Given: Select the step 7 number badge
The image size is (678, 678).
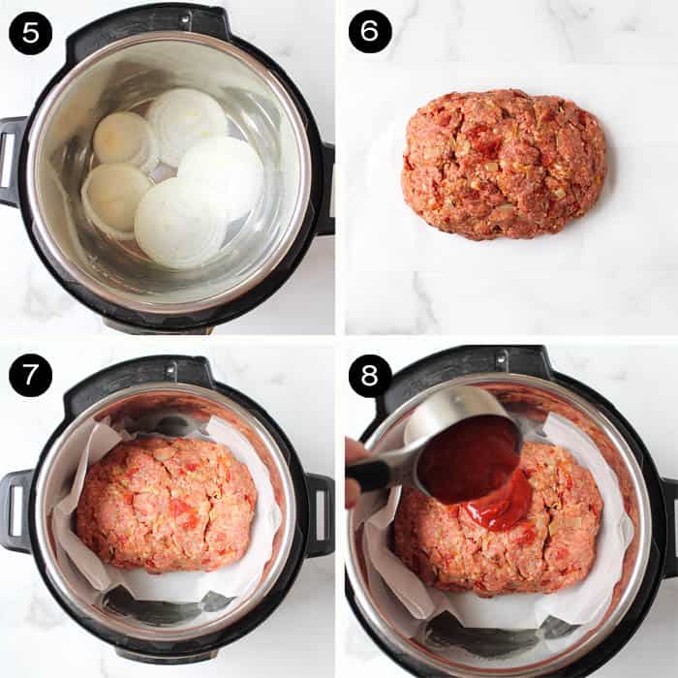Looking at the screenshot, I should tap(30, 375).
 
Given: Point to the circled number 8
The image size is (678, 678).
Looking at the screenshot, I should tap(370, 375).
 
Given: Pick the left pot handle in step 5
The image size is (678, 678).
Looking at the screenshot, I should tap(12, 161).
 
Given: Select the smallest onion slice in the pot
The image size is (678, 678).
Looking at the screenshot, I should tap(123, 139).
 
